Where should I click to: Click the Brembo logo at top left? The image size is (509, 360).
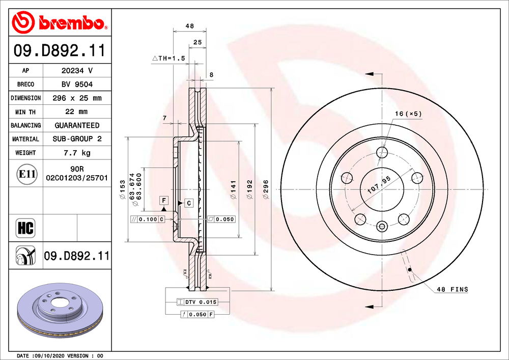point(60,22)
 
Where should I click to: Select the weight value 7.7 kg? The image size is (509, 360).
point(77,153)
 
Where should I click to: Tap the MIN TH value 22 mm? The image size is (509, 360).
point(77,112)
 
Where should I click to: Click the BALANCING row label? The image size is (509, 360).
point(25,125)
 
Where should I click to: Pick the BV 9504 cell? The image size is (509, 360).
point(77,84)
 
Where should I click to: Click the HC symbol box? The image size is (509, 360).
point(25,228)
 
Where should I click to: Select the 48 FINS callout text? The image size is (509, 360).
point(452,289)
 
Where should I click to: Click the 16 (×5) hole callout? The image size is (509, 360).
point(409,114)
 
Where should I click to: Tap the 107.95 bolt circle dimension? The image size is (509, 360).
point(379,186)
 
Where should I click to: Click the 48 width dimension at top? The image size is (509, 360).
point(190,26)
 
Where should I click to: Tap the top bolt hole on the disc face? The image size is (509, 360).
point(382,152)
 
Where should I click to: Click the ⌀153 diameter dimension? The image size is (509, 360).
point(123,189)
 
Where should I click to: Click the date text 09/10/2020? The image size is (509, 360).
point(48,355)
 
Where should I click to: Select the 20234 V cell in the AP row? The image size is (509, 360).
point(77,71)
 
